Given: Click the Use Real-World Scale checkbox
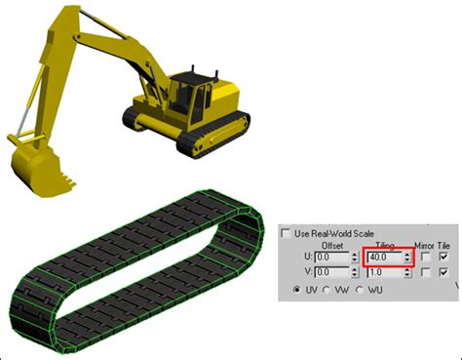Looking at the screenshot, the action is pyautogui.click(x=286, y=233).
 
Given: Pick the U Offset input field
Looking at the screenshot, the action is pyautogui.click(x=331, y=258).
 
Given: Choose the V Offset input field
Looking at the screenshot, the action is pyautogui.click(x=331, y=272).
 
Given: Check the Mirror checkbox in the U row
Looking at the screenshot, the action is pyautogui.click(x=425, y=257).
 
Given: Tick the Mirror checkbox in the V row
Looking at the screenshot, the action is pyautogui.click(x=425, y=272).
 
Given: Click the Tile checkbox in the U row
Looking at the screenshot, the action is pyautogui.click(x=443, y=257).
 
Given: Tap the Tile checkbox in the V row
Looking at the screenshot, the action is pyautogui.click(x=443, y=272).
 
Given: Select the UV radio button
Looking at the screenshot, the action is pyautogui.click(x=296, y=290).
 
